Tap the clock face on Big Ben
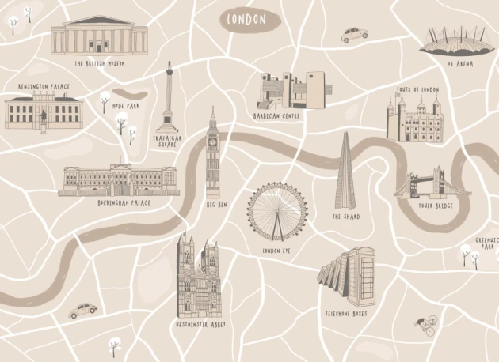[212, 143]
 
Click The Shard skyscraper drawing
[345, 174]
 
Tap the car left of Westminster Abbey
[82, 311]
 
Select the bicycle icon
[427, 324]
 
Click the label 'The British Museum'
[99, 63]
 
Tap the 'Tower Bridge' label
[436, 206]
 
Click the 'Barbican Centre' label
[276, 115]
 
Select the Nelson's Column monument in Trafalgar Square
[169, 99]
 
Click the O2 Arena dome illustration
[449, 41]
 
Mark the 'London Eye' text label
[276, 251]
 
